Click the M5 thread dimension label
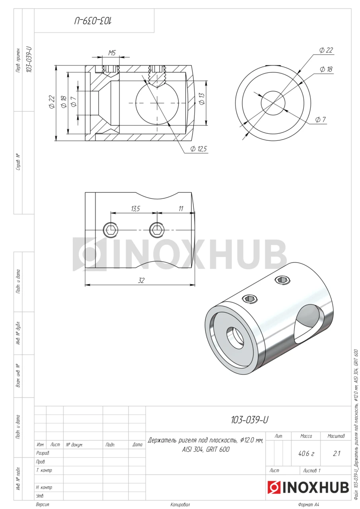(112, 53)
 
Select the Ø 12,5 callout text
(198, 149)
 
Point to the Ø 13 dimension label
(202, 99)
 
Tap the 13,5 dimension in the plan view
(136, 209)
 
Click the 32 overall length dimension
(141, 281)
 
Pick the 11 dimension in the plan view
(181, 209)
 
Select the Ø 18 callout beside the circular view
(326, 69)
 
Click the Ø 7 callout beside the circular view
(321, 120)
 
